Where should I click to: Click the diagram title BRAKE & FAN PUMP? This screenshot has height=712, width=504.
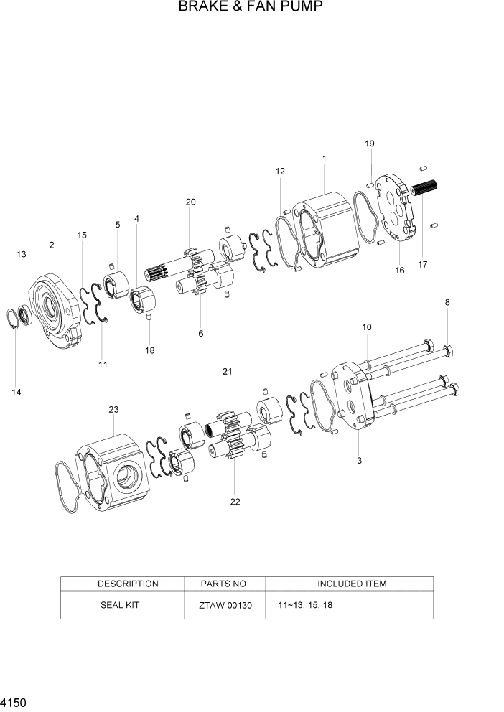tap(251, 8)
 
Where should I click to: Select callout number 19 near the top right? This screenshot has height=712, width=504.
tap(369, 144)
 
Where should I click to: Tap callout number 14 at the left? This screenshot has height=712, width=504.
tap(16, 392)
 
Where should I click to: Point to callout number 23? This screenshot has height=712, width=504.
tap(113, 410)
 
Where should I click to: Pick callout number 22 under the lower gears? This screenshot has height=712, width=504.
tap(235, 502)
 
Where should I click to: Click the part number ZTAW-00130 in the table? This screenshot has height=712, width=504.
tap(225, 605)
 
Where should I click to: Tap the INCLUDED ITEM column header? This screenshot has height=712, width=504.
tap(352, 584)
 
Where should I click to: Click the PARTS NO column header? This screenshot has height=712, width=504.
tap(225, 584)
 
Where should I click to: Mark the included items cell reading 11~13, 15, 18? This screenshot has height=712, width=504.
tap(304, 606)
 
